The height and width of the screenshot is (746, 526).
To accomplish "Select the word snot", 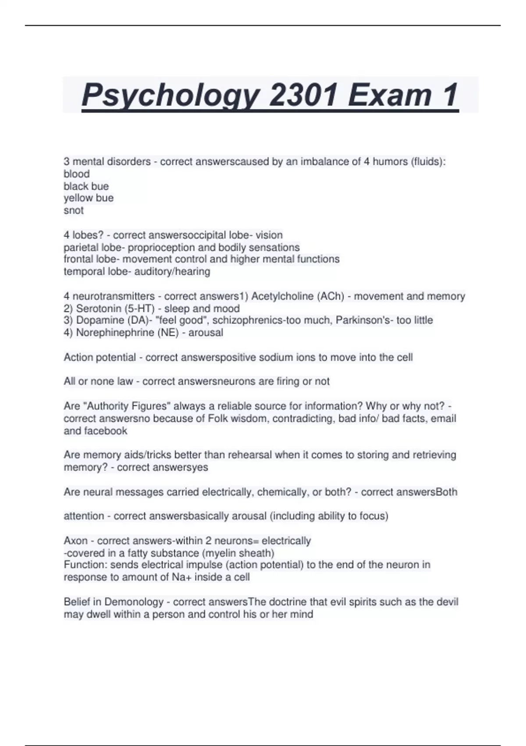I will pyautogui.click(x=74, y=211).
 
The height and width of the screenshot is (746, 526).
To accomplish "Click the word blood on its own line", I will pyautogui.click(x=77, y=174).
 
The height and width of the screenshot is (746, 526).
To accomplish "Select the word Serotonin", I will pyautogui.click(x=99, y=308).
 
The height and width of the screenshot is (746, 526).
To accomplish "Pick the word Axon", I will pyautogui.click(x=75, y=541).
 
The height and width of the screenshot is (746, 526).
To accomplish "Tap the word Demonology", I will pyautogui.click(x=134, y=602).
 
